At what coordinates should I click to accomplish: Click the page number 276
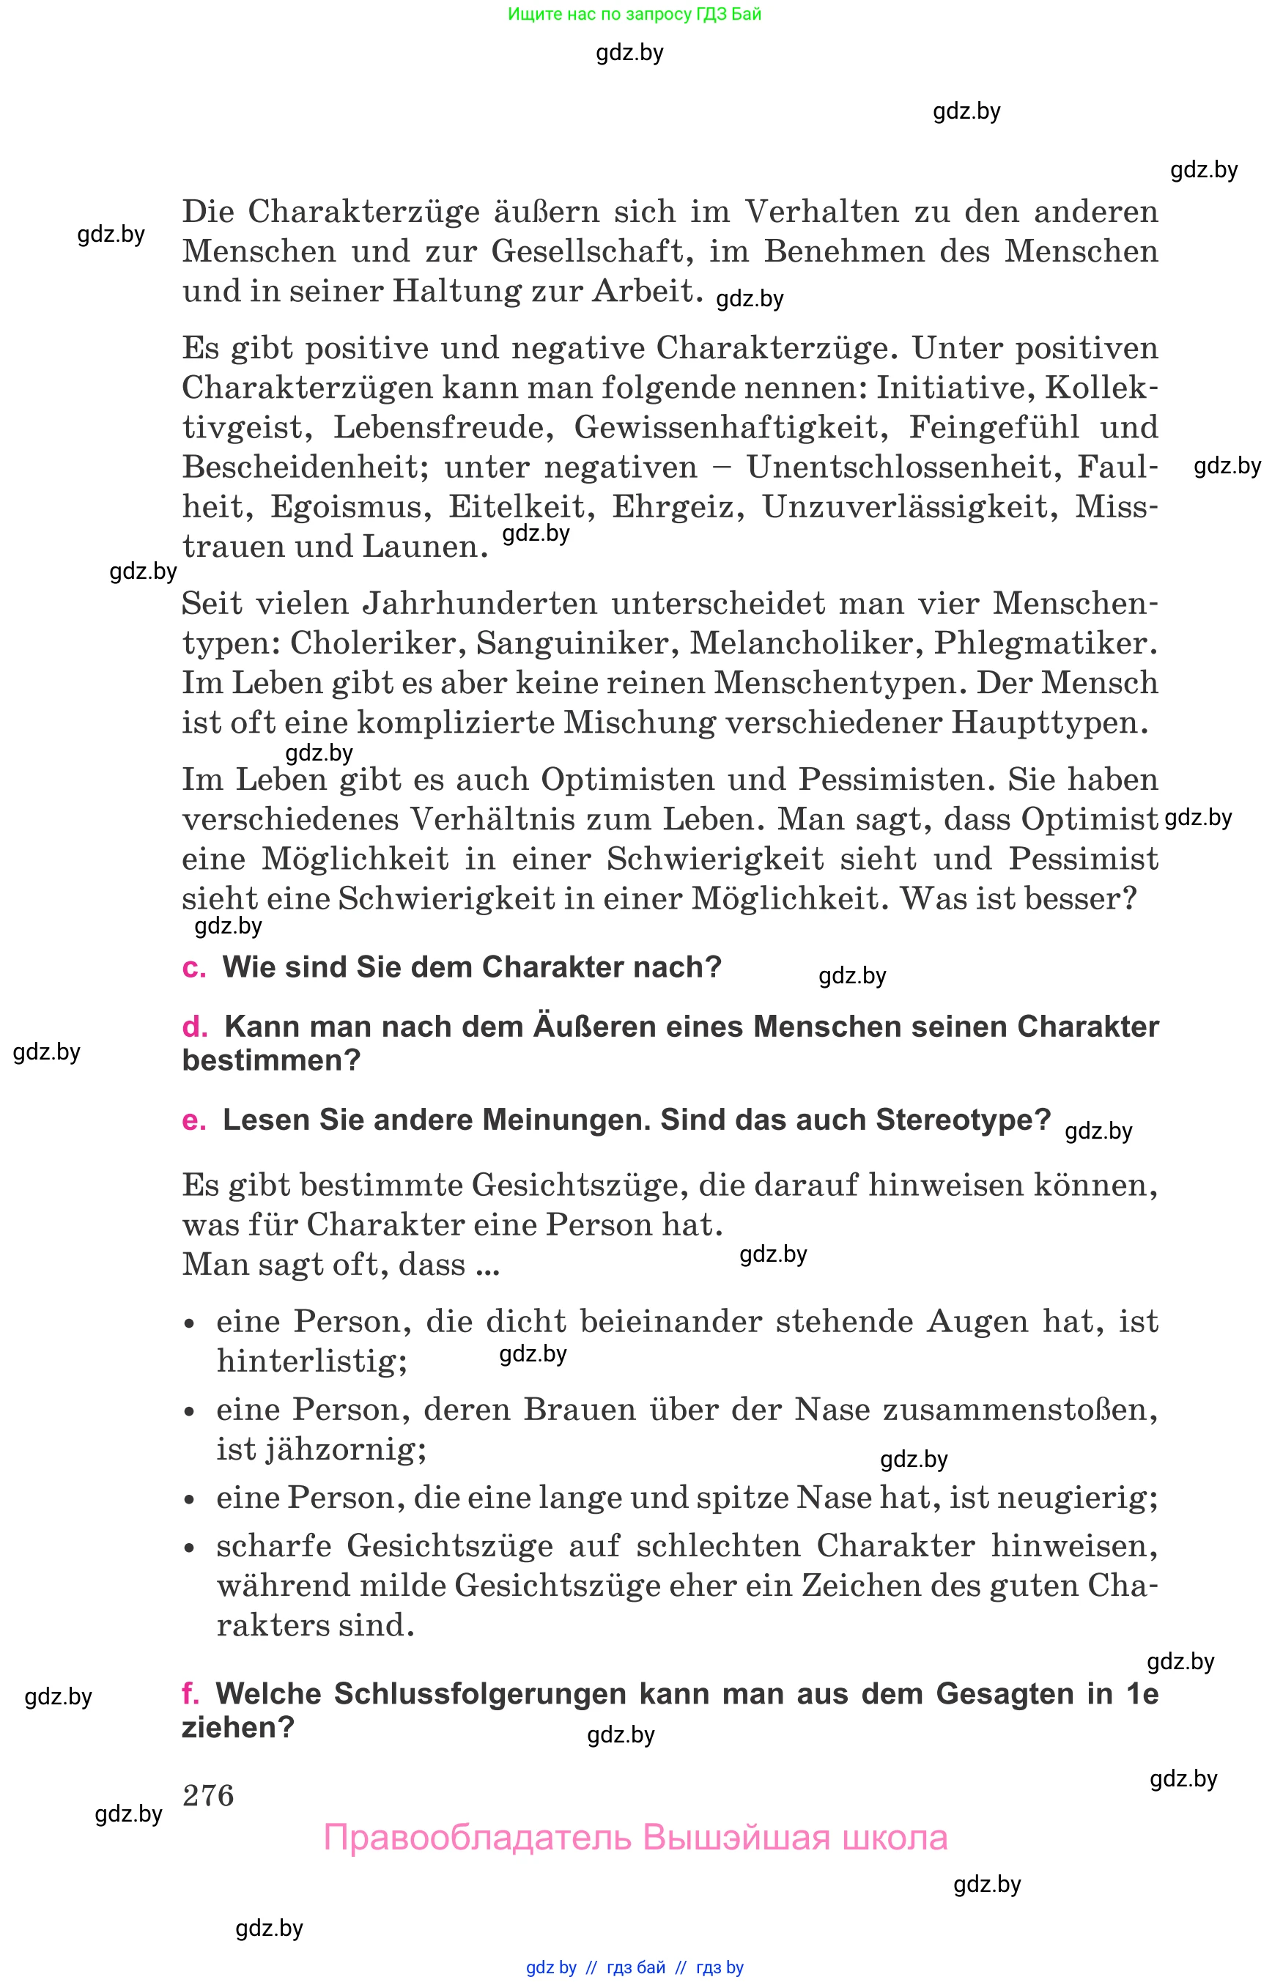(208, 1796)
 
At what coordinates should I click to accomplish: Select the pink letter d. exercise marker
(195, 1027)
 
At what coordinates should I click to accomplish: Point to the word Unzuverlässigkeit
(909, 507)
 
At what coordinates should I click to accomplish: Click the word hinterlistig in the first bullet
(311, 1361)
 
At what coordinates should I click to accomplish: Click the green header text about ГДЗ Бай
(635, 14)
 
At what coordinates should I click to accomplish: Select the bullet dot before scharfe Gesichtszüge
(190, 1548)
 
